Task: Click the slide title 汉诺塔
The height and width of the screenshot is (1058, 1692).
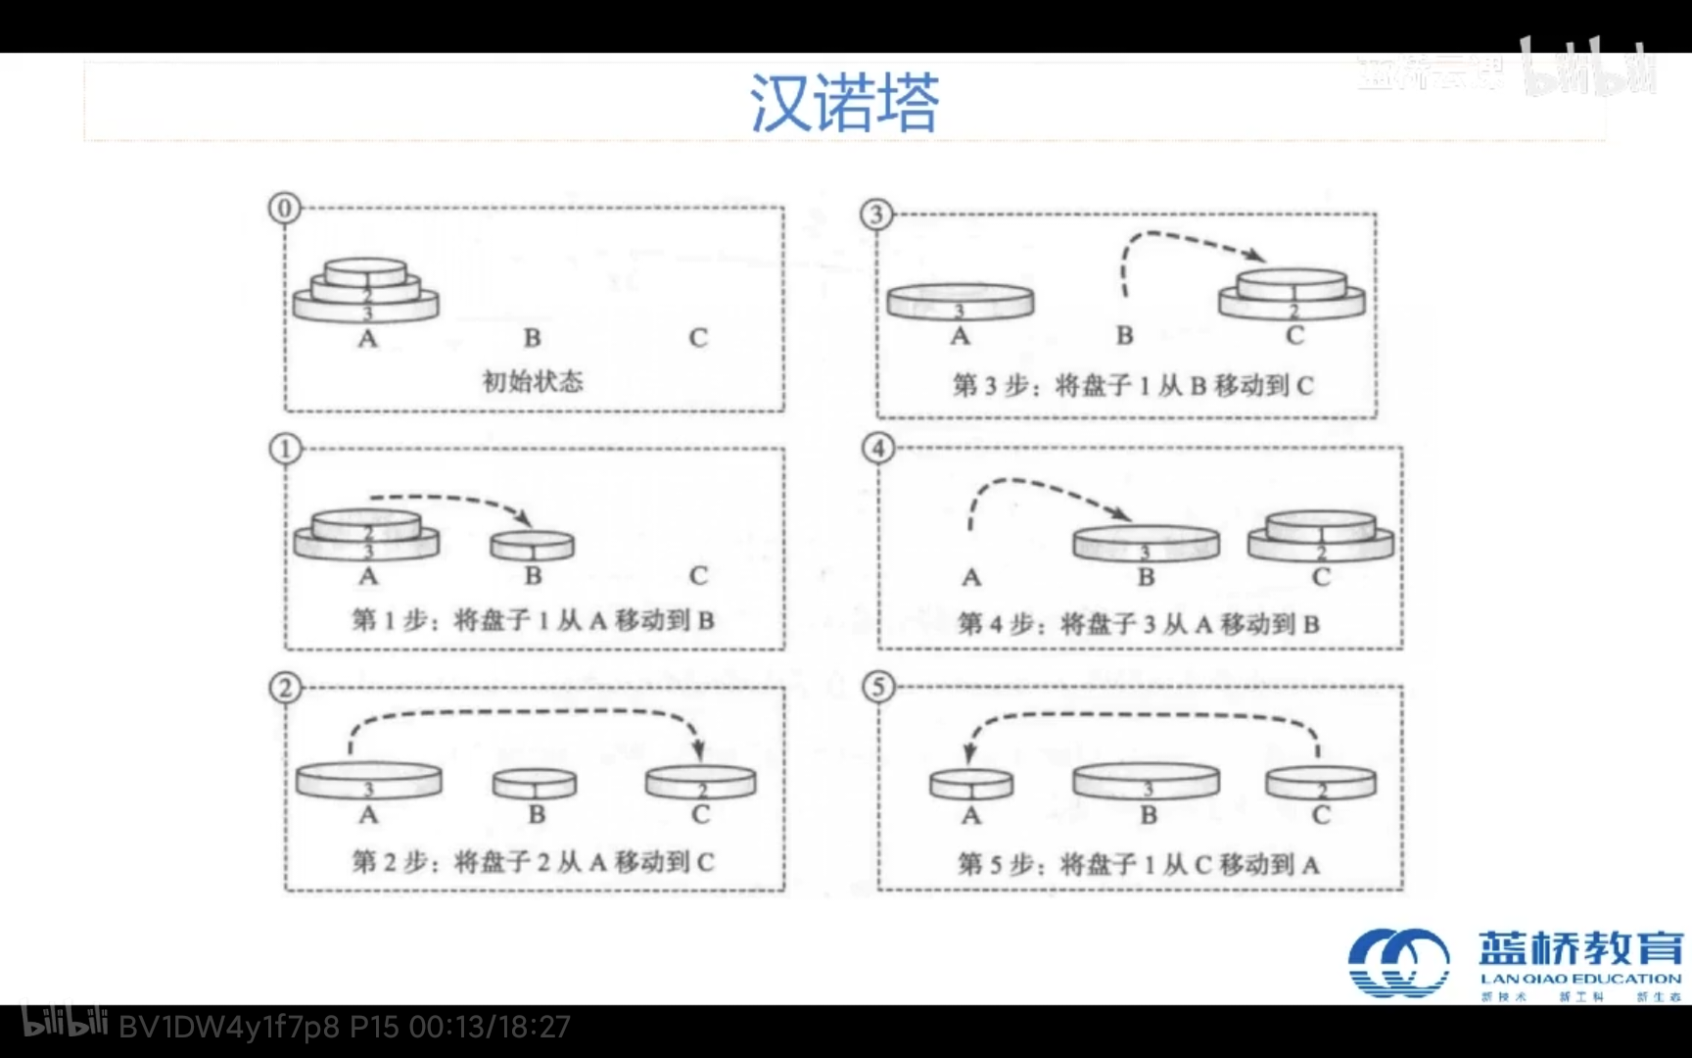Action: (x=844, y=103)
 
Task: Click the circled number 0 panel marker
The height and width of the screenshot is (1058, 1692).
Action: (x=284, y=208)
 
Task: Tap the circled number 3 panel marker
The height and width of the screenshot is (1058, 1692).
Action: (x=876, y=214)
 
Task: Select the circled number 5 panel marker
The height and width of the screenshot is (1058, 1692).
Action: (x=877, y=687)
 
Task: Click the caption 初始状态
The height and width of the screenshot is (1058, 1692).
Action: (x=533, y=381)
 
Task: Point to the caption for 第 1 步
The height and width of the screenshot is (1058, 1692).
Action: (x=533, y=620)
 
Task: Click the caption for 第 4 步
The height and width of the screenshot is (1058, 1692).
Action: (x=1139, y=624)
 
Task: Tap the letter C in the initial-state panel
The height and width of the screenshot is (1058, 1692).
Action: (x=697, y=338)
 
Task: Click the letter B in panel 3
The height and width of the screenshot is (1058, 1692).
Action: (x=1125, y=336)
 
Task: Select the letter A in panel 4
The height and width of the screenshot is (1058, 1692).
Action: (x=970, y=578)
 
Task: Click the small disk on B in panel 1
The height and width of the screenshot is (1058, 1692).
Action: (x=533, y=545)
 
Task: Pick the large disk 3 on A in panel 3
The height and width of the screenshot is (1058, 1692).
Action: (x=960, y=302)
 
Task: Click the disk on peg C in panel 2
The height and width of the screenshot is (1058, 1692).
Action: (x=700, y=782)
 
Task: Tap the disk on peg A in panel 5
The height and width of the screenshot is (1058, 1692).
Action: (x=970, y=784)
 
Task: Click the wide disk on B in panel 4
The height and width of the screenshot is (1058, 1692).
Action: (x=1146, y=543)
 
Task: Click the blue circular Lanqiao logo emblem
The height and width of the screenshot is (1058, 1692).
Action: (x=1398, y=963)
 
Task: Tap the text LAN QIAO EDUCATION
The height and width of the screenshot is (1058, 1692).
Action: (x=1579, y=979)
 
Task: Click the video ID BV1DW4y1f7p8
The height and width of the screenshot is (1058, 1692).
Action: (x=229, y=1028)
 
